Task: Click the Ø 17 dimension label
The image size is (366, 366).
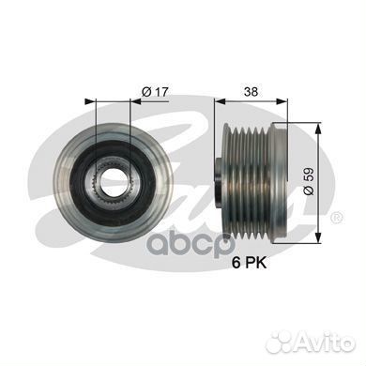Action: [x=155, y=92]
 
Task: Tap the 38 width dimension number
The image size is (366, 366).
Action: [x=252, y=92]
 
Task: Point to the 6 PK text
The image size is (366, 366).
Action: [x=249, y=263]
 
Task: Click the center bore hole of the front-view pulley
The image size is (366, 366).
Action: [x=114, y=182]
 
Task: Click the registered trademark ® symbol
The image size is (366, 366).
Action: [x=337, y=218]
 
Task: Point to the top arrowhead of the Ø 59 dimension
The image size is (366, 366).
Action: [x=318, y=128]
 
